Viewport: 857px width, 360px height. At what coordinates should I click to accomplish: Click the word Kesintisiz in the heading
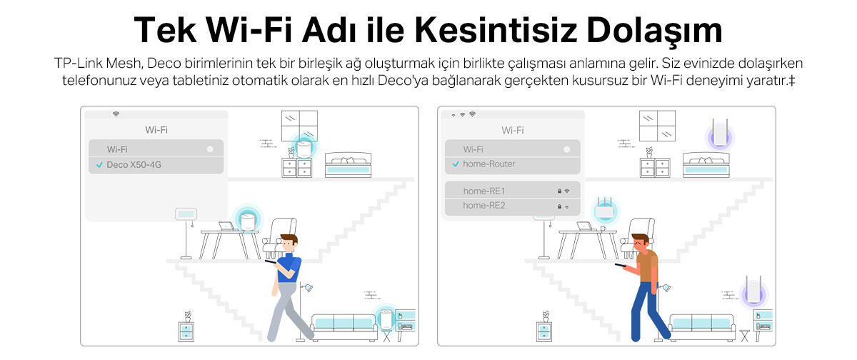point(496,30)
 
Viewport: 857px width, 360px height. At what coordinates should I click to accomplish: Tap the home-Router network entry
point(512,164)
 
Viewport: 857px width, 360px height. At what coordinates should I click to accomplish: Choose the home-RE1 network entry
point(512,191)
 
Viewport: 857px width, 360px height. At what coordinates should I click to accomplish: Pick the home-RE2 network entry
point(512,206)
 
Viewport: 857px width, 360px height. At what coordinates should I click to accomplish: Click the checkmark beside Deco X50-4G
point(99,165)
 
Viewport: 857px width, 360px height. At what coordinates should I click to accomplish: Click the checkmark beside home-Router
point(456,164)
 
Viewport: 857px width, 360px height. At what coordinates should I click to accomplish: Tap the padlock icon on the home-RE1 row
point(559,191)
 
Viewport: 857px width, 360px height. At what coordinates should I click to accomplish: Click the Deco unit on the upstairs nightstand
point(304,149)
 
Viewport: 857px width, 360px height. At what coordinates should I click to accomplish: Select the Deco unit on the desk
point(248,222)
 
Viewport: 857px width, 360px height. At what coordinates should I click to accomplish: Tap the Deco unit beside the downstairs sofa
point(386,319)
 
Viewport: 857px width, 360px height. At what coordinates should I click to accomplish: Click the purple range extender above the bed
point(720,133)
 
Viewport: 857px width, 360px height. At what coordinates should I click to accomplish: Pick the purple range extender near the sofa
point(753,291)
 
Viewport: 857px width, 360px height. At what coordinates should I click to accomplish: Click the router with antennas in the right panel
point(605,209)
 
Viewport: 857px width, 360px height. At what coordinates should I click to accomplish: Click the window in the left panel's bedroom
point(299,126)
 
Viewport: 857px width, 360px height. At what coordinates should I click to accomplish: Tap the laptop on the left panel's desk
point(227,226)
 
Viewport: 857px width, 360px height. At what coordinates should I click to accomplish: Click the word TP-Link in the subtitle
point(79,63)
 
